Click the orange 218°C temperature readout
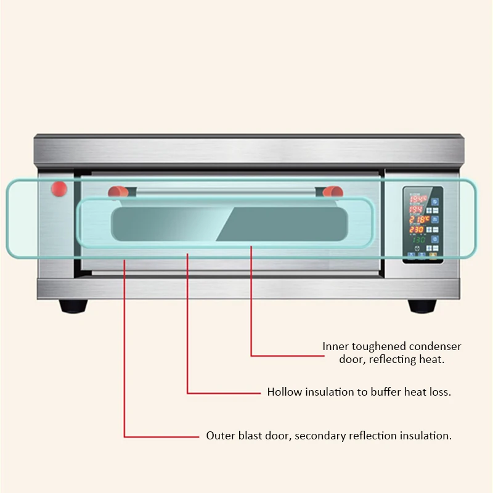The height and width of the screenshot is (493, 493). [418, 219]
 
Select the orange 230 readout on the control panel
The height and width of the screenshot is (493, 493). [417, 230]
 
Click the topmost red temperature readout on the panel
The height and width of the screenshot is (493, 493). [418, 200]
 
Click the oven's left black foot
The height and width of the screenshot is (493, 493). [73, 306]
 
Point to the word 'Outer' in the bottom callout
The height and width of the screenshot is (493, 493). [219, 436]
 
